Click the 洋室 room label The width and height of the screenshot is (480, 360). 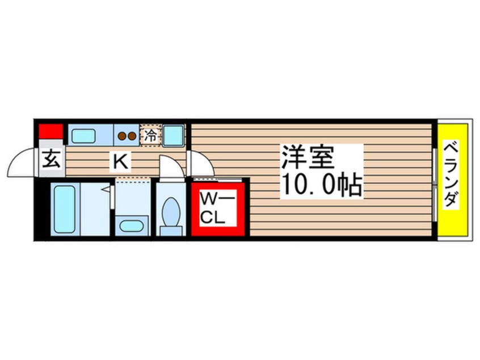308,157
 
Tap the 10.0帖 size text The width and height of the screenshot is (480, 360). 322,185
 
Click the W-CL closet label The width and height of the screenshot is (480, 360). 217,208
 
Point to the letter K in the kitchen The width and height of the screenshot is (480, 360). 121,161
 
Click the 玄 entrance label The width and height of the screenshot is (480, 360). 51,158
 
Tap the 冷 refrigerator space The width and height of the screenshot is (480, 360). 150,135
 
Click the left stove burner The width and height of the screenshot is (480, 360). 122,136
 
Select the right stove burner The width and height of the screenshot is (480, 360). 132,136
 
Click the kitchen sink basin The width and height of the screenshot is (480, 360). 83,136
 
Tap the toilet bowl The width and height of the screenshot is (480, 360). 171,211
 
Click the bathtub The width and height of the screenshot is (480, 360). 65,210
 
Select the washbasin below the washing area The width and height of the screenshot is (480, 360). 131,226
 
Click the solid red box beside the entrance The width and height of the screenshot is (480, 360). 51,131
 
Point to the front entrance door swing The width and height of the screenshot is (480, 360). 22,162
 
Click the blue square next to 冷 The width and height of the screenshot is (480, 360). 173,135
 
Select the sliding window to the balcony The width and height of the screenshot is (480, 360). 435,185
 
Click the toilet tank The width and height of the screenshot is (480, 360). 171,231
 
